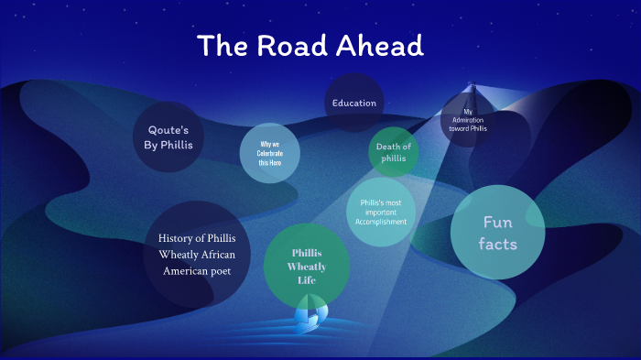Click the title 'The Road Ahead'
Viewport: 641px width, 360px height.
[x=310, y=46]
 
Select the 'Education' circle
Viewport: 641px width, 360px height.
[x=354, y=103]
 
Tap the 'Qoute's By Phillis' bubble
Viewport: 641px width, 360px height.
[x=168, y=136]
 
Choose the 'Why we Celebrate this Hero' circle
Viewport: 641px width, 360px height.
[x=270, y=153]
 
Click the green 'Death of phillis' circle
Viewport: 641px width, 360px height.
[x=394, y=152]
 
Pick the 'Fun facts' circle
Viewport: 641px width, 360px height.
[x=498, y=233]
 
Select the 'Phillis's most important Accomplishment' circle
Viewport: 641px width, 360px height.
[x=383, y=212]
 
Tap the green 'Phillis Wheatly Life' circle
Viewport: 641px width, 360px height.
[x=307, y=266]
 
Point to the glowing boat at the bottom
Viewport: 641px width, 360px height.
[x=311, y=316]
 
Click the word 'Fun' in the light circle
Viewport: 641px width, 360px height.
[x=498, y=222]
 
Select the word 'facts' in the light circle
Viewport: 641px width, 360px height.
[x=498, y=245]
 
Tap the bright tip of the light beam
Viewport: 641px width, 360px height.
[x=473, y=88]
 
